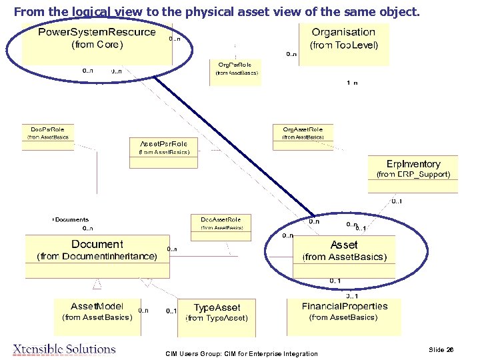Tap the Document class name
tap(97, 245)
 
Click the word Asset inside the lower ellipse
tap(344, 245)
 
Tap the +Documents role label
tap(71, 219)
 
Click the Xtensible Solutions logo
tap(64, 349)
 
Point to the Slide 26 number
tap(441, 349)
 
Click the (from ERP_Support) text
tap(413, 175)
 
